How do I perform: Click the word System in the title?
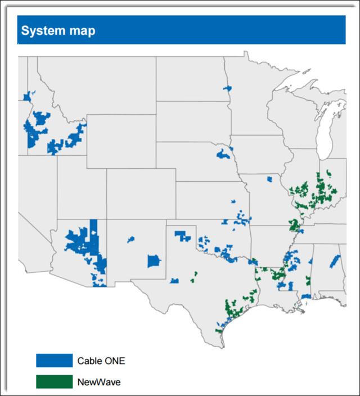[x=40, y=30]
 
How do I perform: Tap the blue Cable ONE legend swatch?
[x=54, y=360]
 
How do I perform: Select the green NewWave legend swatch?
[x=54, y=381]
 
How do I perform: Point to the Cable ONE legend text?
[x=101, y=361]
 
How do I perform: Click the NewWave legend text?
[x=99, y=382]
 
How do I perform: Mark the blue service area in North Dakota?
[x=227, y=88]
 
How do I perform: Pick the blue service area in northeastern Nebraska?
[x=223, y=153]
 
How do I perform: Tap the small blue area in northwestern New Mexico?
[x=130, y=240]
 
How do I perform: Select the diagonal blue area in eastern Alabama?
[x=335, y=261]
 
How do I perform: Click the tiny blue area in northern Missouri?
[x=269, y=179]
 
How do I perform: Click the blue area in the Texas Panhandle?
[x=182, y=236]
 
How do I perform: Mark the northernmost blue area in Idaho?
[x=26, y=97]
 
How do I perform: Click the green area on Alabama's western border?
[x=308, y=280]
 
